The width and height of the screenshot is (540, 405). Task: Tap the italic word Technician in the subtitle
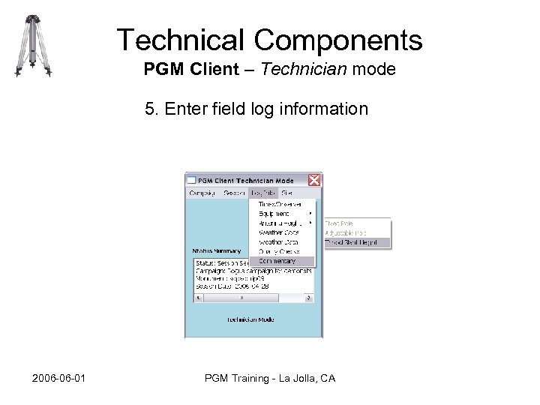coord(306,70)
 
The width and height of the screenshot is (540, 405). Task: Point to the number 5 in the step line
coord(150,109)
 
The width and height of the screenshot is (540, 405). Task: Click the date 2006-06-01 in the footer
coord(59,378)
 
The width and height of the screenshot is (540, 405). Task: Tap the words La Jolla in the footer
coord(290,378)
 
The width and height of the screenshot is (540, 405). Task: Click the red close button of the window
coord(315,180)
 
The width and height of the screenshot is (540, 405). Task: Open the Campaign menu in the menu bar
coord(202,193)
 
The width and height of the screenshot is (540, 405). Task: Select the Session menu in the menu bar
coord(235,193)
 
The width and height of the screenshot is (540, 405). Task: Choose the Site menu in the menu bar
coord(286,193)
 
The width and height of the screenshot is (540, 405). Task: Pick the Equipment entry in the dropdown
coord(274,214)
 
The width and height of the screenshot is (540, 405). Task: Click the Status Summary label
coord(217,251)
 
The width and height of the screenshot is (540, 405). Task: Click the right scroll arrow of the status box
coord(309,298)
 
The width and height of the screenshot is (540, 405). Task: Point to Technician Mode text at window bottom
coord(250,319)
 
